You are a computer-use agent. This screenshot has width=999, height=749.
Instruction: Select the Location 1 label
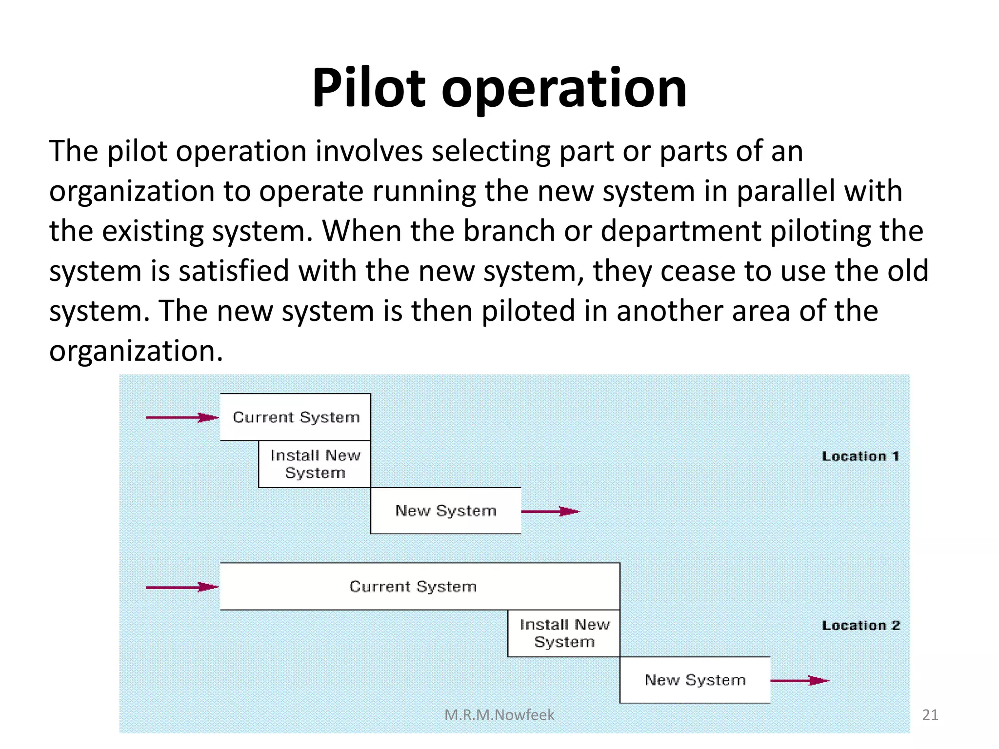[860, 456]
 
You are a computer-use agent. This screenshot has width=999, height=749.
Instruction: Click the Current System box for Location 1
[296, 417]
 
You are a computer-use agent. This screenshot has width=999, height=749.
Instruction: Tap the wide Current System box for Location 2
[420, 587]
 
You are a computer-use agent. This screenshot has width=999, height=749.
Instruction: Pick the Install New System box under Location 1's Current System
[315, 464]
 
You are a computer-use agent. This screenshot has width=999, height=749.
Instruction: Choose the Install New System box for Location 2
[564, 633]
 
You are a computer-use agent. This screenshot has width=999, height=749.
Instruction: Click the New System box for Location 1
[445, 511]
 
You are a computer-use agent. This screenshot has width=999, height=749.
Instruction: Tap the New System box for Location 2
[695, 680]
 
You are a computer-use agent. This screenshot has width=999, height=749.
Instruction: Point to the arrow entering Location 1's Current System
[181, 417]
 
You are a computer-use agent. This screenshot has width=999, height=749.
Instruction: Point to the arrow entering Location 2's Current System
[181, 587]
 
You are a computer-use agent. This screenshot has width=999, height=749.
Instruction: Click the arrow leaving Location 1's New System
[550, 512]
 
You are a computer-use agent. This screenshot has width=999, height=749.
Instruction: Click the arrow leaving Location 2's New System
[799, 680]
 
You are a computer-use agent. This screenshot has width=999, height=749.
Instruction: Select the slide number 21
[930, 715]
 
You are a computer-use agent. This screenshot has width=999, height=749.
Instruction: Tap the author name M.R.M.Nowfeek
[499, 715]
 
